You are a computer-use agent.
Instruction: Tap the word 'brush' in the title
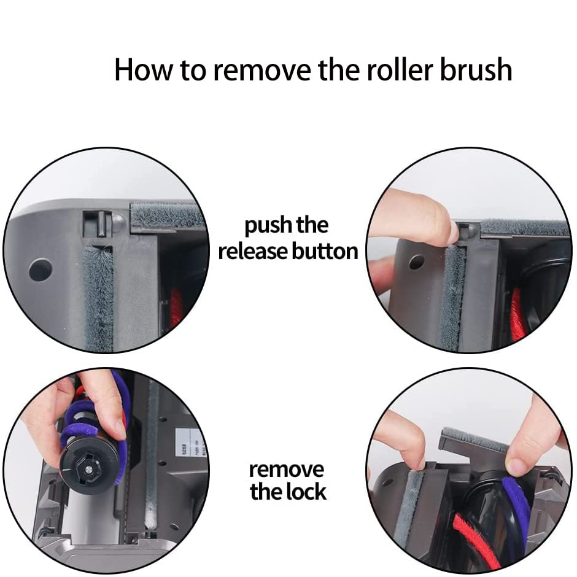click(x=476, y=69)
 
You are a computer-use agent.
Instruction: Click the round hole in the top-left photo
click(x=40, y=269)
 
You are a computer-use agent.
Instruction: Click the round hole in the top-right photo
click(x=417, y=262)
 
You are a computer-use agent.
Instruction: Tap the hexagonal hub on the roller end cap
click(x=88, y=470)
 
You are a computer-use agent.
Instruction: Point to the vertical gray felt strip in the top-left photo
click(x=99, y=298)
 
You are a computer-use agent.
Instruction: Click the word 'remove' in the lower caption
click(x=286, y=470)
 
